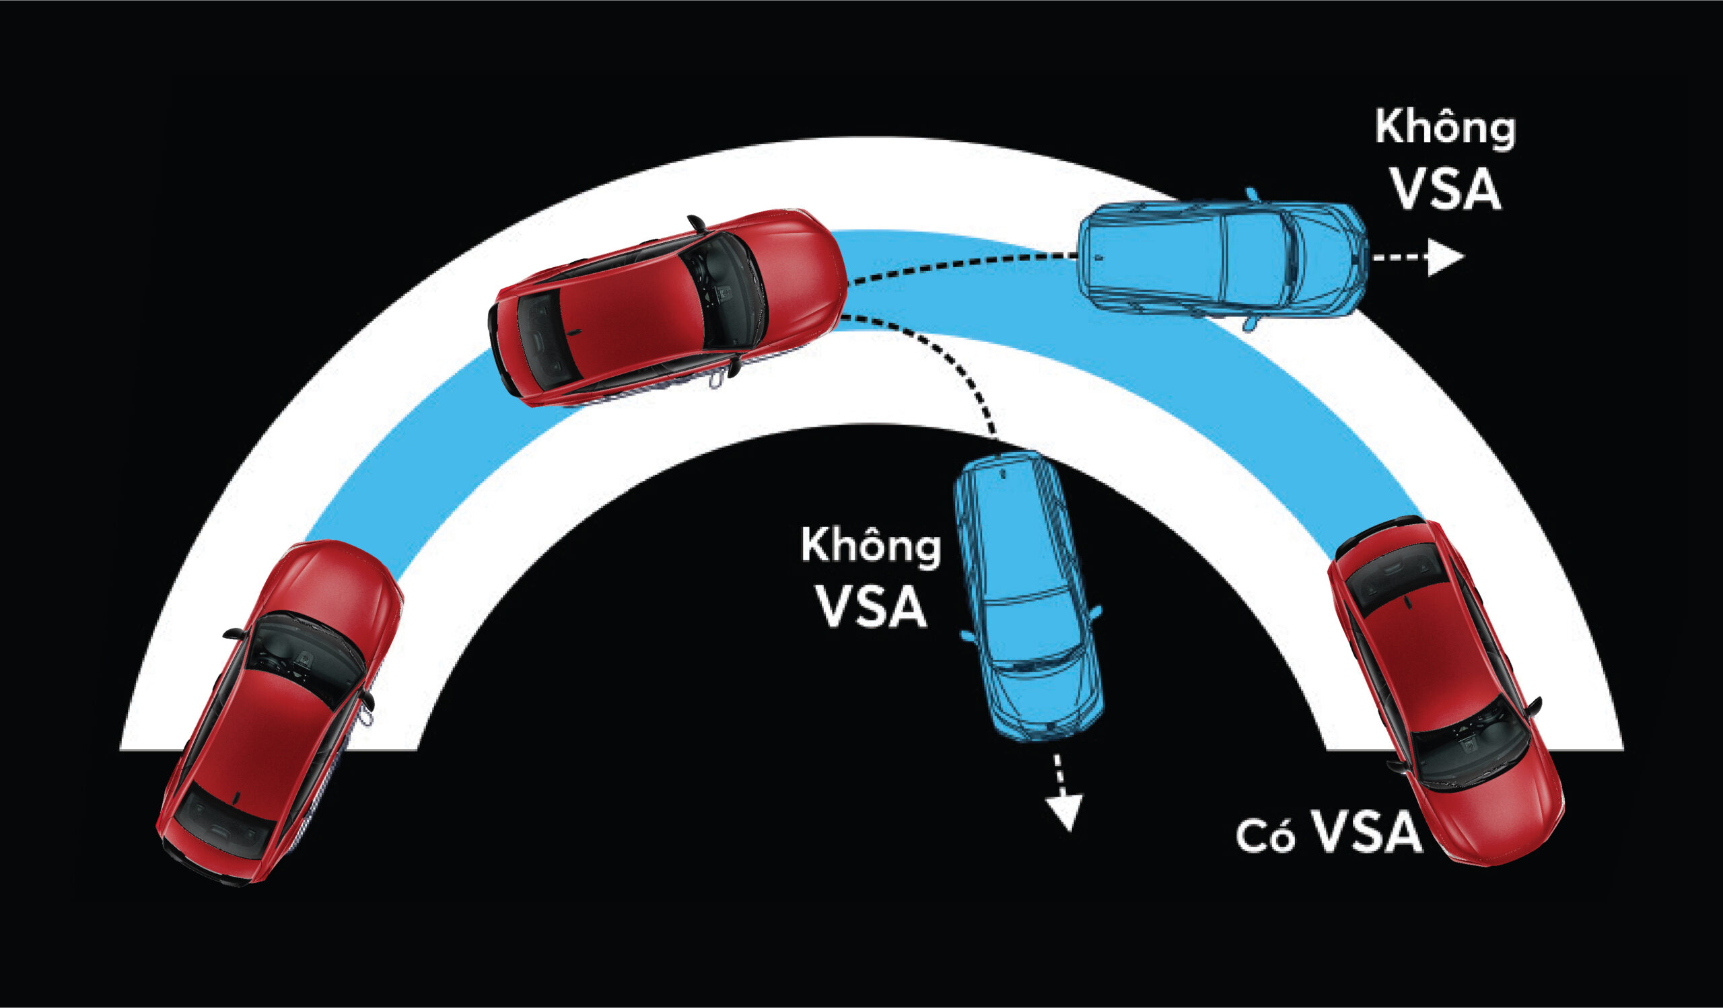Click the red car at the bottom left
tap(281, 711)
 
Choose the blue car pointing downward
tap(1026, 595)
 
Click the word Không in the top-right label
tap(1445, 130)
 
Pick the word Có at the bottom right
tap(1265, 838)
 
